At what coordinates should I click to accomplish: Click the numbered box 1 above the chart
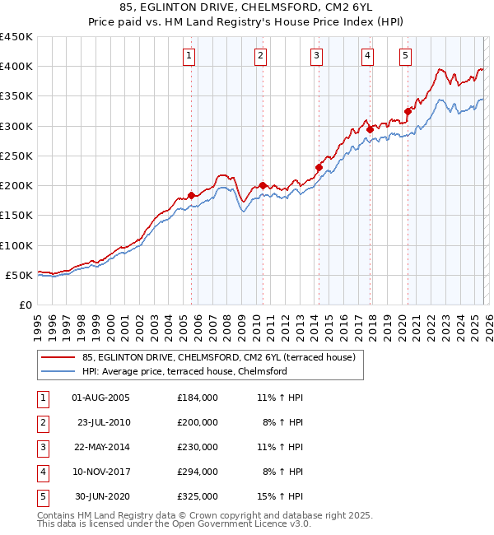(x=189, y=56)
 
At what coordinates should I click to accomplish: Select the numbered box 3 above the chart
(x=316, y=56)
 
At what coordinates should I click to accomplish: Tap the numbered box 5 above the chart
(x=406, y=56)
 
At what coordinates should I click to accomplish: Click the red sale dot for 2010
(x=263, y=185)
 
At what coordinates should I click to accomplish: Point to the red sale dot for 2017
(x=370, y=129)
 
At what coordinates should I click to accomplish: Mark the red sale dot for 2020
(x=408, y=111)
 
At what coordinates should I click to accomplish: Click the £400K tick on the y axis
(x=16, y=67)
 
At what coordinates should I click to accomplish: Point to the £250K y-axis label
(x=16, y=156)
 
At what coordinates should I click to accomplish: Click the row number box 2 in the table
(x=41, y=422)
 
